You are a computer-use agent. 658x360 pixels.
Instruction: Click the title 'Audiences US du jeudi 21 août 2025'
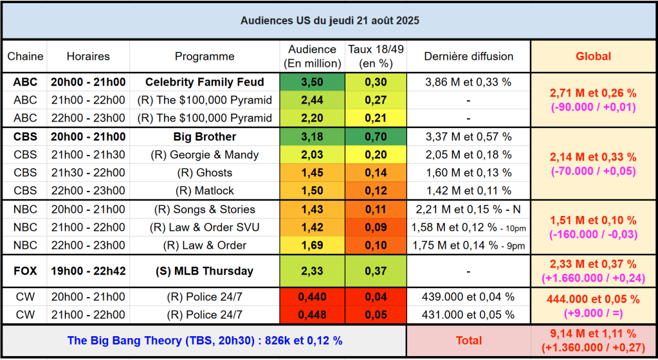(329, 21)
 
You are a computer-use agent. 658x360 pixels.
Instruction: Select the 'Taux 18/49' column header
(376, 56)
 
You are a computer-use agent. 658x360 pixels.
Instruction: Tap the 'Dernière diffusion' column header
(468, 56)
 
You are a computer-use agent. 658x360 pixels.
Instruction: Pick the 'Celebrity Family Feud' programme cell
(205, 82)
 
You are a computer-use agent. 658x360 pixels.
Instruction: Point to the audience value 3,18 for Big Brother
(312, 136)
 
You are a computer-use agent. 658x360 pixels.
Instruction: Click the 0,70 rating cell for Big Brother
(376, 136)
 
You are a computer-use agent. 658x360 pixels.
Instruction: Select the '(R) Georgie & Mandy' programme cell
(205, 154)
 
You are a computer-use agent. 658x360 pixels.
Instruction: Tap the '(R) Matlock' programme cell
(205, 190)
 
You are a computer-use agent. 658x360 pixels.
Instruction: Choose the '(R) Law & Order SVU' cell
(205, 227)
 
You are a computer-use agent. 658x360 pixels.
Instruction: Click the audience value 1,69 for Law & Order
(312, 245)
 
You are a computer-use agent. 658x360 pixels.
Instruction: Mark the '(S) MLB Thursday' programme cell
(205, 271)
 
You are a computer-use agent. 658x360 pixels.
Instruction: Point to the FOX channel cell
(25, 271)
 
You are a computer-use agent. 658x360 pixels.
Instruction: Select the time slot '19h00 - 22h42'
(88, 271)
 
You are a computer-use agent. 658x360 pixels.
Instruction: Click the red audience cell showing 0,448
(312, 314)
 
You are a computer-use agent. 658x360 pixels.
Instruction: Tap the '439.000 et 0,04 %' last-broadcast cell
(468, 296)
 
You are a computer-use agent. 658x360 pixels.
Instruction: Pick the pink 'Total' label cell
(468, 341)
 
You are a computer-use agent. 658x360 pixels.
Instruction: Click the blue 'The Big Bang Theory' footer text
(205, 341)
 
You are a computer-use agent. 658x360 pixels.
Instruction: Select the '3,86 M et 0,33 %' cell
(468, 82)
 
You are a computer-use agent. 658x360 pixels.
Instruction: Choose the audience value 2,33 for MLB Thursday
(312, 271)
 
